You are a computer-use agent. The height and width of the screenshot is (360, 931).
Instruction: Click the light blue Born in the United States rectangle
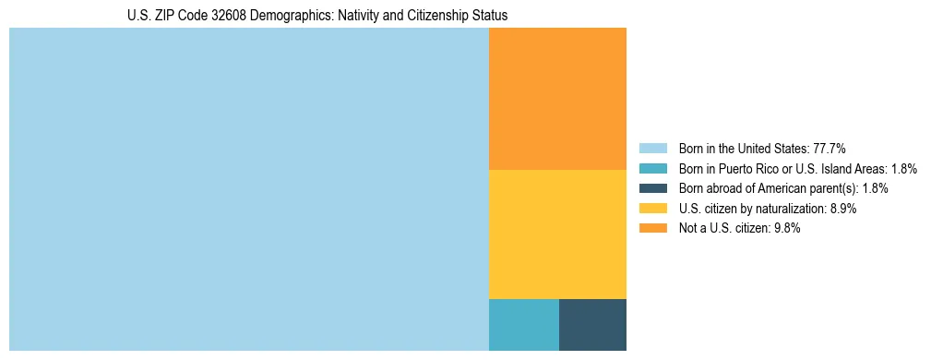248,189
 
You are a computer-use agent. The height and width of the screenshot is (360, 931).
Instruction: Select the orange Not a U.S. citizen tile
557,99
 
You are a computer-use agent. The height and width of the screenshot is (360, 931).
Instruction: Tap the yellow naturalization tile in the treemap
557,234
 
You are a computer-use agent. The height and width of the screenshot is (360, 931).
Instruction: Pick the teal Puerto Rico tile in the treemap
523,325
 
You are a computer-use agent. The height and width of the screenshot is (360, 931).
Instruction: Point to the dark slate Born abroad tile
592,325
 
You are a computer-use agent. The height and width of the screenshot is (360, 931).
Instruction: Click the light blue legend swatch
652,148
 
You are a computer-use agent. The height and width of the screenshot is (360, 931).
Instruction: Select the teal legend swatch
652,168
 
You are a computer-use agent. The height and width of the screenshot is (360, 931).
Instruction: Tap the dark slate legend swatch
652,188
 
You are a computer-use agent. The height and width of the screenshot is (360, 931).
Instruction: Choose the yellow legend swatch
652,209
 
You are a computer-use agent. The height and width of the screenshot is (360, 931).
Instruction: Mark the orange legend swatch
652,229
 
